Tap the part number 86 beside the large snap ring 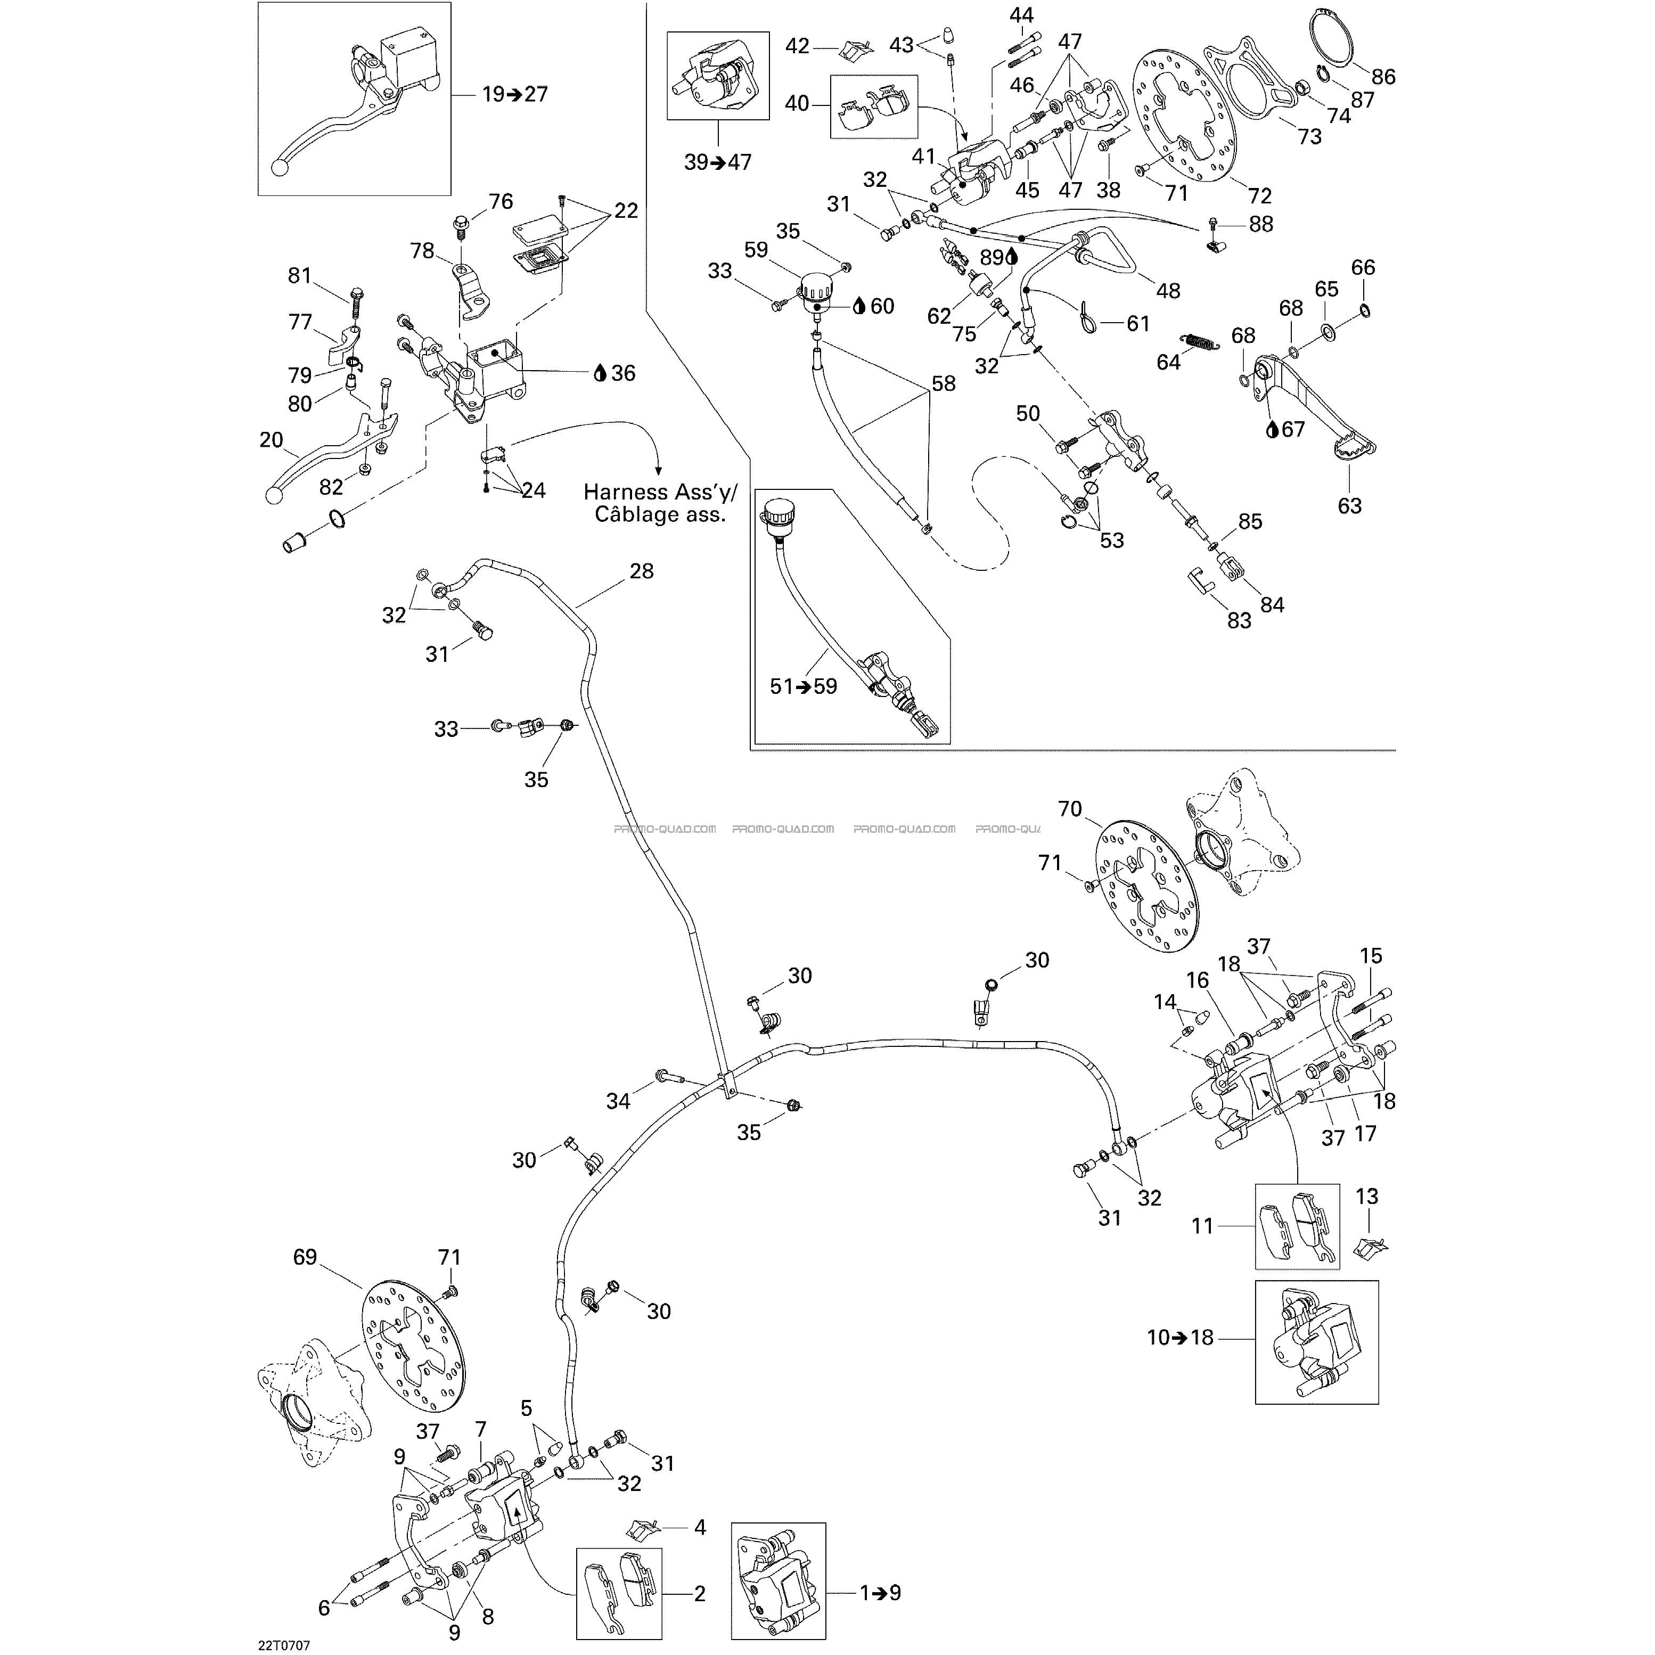pyautogui.click(x=1383, y=77)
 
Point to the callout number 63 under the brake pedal pyautogui.click(x=1349, y=505)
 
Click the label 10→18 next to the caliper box pyautogui.click(x=1181, y=1337)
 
